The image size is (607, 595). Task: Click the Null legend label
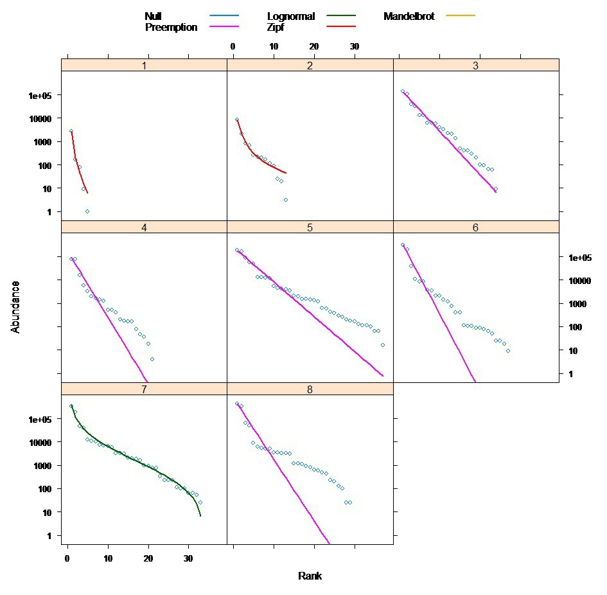coord(153,17)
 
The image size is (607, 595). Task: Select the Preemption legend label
coord(171,28)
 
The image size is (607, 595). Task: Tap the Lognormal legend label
coord(290,17)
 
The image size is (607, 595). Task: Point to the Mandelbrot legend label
coord(409,17)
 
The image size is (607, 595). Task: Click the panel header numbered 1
coord(145,66)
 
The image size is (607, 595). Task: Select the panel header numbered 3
coord(476,66)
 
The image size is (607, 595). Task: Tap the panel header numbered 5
coord(310,227)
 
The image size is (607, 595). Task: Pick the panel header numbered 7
coord(145,389)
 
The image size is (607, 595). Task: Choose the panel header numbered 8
coord(310,389)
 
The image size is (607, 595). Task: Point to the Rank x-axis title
coord(310,576)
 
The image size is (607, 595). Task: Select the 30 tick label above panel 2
coord(355,47)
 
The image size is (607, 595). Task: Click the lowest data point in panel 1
coord(87,211)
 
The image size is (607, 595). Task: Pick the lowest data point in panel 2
coord(285,200)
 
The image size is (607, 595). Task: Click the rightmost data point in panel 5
coord(382,345)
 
